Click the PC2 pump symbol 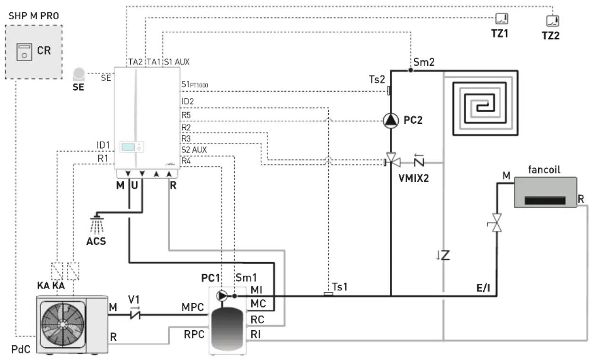point(391,120)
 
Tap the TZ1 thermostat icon point(502,19)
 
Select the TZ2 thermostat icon point(552,21)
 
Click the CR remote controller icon point(24,52)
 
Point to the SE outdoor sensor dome point(79,74)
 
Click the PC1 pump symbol point(222,296)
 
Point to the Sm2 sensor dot point(411,70)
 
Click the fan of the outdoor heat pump point(63,325)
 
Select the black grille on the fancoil point(545,200)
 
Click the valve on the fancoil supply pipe point(497,223)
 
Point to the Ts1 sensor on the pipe point(328,294)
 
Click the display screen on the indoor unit point(128,147)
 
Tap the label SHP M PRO point(34,16)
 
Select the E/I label point(483,288)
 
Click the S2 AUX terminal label point(194,150)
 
